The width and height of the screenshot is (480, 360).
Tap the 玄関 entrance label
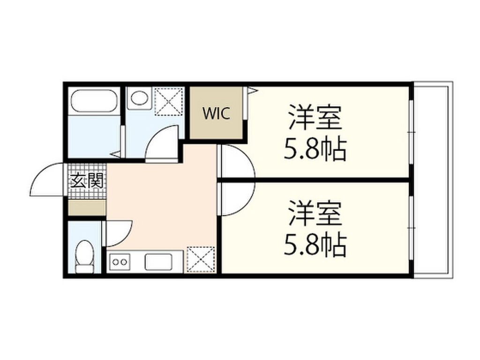[x=87, y=180]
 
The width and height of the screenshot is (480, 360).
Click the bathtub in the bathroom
[x=94, y=101]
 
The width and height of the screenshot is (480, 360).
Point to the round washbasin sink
[x=139, y=98]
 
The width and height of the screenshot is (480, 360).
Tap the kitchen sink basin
[x=159, y=262]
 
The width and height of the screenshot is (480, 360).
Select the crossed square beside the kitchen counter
[x=201, y=259]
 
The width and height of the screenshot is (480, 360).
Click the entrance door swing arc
[x=47, y=180]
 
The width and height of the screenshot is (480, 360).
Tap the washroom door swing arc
[x=162, y=143]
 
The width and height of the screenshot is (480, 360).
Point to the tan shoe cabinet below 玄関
[x=87, y=208]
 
